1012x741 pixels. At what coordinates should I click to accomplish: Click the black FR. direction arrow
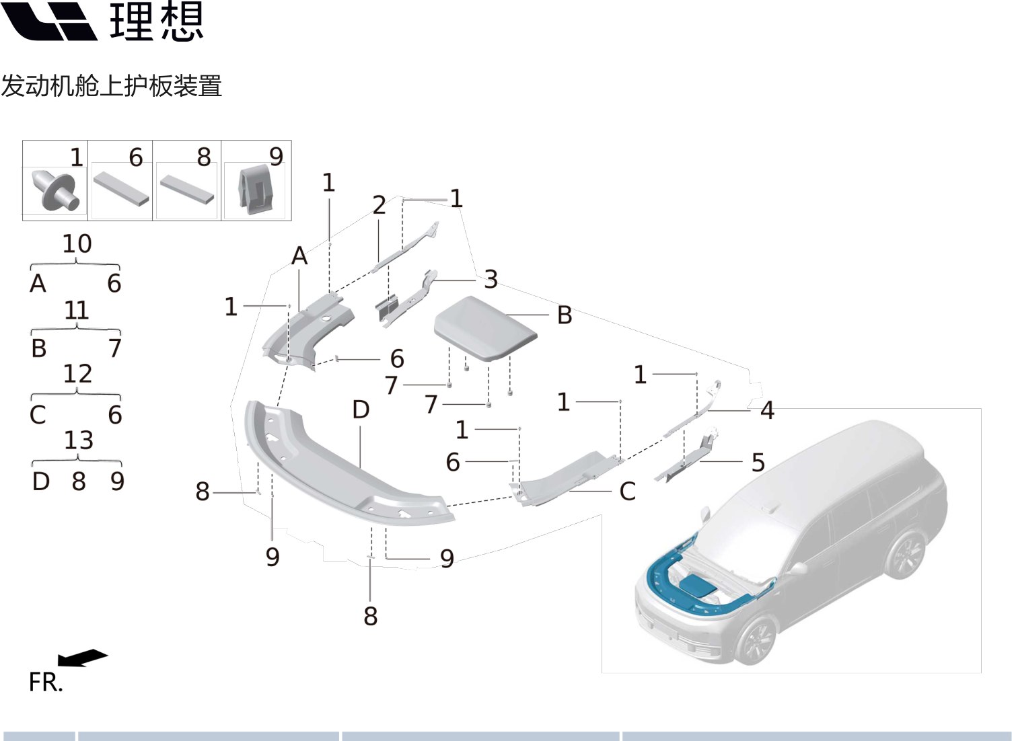click(82, 657)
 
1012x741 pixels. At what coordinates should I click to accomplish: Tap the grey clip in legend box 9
click(256, 190)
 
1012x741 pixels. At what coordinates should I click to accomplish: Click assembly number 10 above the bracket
click(77, 244)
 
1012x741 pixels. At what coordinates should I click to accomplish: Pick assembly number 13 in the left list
click(78, 440)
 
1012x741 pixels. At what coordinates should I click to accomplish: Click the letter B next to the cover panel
click(565, 315)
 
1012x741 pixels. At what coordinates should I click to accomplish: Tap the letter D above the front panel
click(361, 409)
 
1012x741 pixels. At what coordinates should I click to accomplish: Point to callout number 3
click(491, 279)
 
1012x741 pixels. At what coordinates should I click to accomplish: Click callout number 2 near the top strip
click(379, 205)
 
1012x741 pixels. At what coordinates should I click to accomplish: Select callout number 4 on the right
click(767, 409)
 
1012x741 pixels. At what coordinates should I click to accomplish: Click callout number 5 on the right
click(758, 463)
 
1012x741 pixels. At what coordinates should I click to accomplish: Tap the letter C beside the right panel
click(627, 492)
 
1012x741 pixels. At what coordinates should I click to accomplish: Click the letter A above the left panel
click(299, 256)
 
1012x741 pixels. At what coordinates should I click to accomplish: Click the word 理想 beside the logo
click(157, 22)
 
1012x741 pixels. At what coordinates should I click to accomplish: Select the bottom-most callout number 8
click(371, 616)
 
